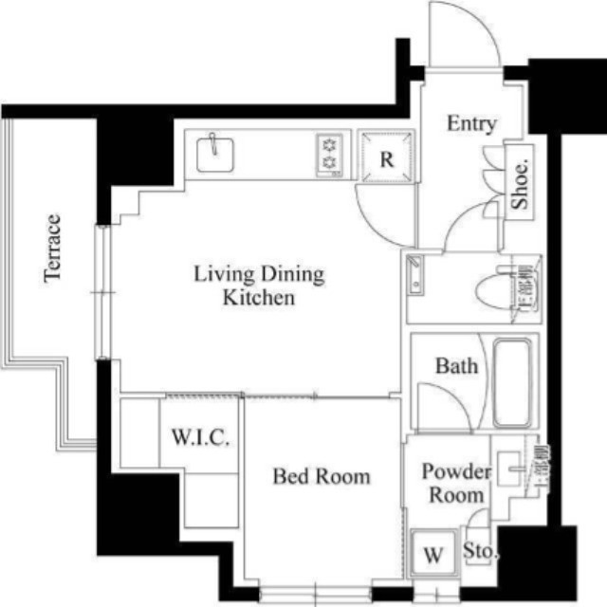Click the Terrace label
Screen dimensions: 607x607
(53, 248)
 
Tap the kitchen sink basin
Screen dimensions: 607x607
(215, 156)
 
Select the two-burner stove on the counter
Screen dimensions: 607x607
(329, 155)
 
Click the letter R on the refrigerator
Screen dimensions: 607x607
(387, 159)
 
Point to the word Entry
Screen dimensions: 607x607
(471, 124)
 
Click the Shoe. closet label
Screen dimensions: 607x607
(521, 184)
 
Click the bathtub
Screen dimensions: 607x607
(512, 383)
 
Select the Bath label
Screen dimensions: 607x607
(456, 366)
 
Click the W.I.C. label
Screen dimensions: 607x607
(200, 437)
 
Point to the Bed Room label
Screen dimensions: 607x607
(322, 476)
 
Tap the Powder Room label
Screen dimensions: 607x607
(456, 483)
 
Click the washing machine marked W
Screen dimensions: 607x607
(433, 553)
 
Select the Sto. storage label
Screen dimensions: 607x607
(479, 550)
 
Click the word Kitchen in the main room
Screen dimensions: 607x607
(259, 298)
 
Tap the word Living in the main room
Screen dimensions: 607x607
(224, 274)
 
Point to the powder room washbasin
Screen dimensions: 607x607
(508, 469)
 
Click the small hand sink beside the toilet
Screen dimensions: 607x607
(415, 274)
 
